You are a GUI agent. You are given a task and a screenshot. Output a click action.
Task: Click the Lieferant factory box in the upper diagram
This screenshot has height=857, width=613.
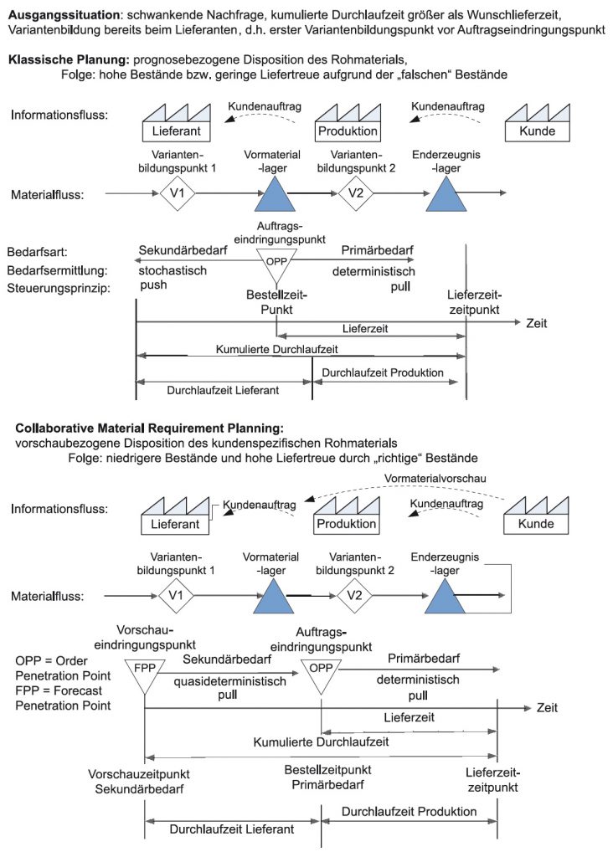tap(176, 122)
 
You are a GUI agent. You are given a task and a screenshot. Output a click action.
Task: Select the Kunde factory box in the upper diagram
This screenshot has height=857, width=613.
tap(537, 122)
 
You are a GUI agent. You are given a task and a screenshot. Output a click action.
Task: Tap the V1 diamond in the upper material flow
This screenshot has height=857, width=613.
tap(178, 193)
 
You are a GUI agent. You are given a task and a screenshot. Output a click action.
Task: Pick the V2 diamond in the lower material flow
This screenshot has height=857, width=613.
tap(354, 595)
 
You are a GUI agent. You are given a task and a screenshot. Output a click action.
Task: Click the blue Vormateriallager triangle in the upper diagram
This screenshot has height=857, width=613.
tap(275, 194)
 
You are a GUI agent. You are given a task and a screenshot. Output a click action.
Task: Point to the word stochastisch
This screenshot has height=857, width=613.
tap(173, 270)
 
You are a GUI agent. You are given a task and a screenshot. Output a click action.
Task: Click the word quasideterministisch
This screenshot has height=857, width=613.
tap(229, 681)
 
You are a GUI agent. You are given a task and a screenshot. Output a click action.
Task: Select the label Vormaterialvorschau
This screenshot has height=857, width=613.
tap(435, 478)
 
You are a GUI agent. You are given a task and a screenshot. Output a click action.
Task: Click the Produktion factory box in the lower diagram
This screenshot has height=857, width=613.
tap(347, 516)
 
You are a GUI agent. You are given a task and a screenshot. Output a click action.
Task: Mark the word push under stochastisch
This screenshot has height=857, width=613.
tap(153, 285)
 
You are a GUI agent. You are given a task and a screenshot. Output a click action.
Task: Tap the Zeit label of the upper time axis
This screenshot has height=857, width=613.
tap(537, 323)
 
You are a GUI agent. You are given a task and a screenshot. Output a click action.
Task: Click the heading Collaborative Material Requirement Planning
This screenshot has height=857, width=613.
tap(149, 428)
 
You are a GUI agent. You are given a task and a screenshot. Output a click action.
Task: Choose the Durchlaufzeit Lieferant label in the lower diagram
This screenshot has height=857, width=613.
tap(231, 829)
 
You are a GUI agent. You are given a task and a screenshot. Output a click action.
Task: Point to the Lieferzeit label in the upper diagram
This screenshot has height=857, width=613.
tap(365, 328)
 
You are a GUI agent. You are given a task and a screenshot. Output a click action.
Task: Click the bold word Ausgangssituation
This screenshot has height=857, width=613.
tap(64, 15)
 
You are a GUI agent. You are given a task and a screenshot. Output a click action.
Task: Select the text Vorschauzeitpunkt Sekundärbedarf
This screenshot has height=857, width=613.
tap(139, 782)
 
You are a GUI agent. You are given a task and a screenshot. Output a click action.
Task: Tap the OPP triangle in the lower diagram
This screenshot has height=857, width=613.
tap(321, 675)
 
